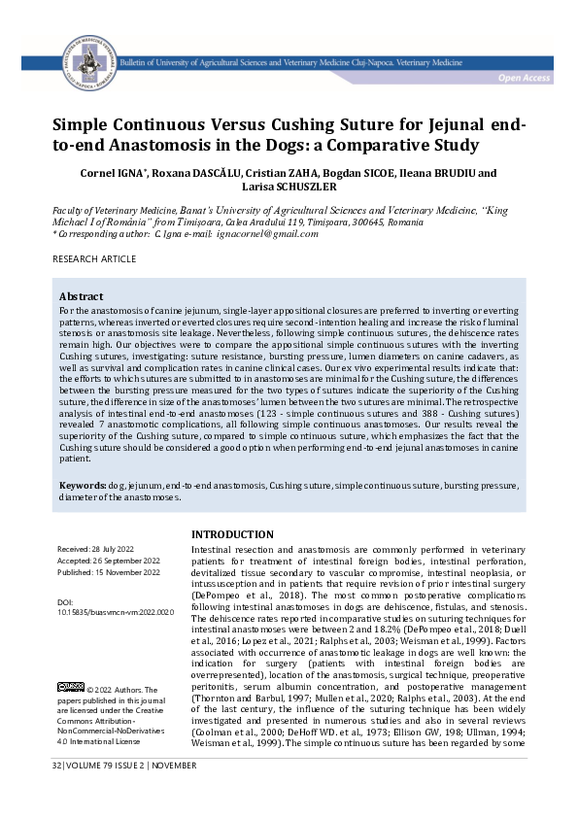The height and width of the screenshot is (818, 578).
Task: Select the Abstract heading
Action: pos(82,295)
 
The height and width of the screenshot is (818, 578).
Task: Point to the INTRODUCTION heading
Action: pos(232,534)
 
